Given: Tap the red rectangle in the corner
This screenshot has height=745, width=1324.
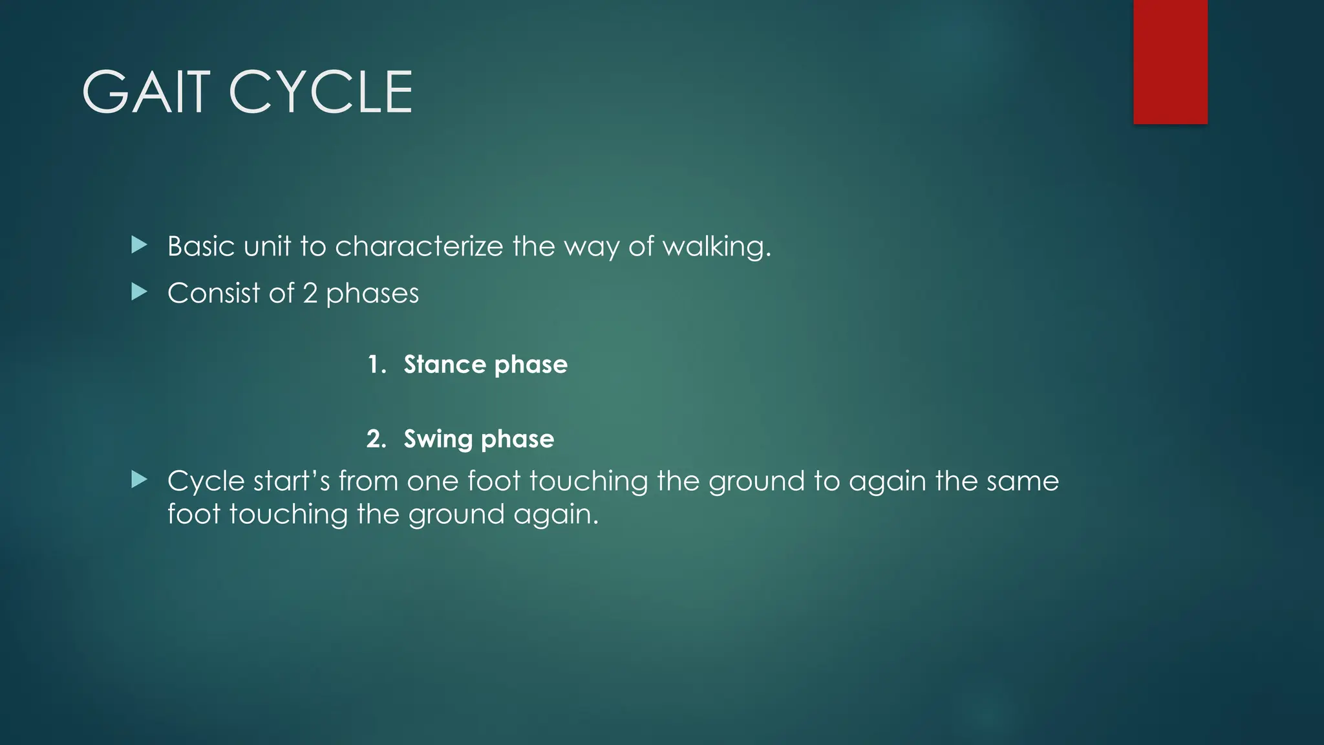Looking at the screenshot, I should (1170, 61).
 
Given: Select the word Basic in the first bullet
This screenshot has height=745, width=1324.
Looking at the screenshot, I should (200, 246).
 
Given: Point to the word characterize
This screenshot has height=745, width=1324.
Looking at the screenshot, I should (419, 246).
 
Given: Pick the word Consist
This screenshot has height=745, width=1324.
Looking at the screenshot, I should (213, 294).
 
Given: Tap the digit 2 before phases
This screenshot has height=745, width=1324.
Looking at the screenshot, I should (310, 294).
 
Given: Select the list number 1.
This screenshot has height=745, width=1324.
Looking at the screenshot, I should (376, 365).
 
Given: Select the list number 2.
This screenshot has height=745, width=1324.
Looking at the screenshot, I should (376, 439).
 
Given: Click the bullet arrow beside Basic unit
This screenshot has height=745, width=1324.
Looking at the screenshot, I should (139, 245).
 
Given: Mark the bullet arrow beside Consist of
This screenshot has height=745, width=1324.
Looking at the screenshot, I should (139, 292).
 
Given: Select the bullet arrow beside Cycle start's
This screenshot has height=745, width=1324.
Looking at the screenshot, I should (139, 480).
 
